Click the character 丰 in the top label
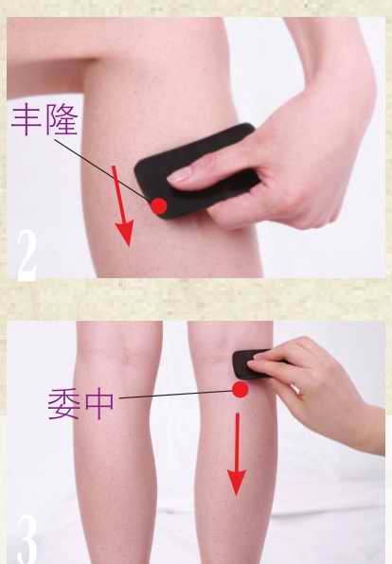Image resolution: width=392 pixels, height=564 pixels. tap(27, 119)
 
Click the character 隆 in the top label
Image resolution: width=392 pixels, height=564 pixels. tap(62, 119)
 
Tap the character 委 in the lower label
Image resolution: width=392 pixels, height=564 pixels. tap(63, 403)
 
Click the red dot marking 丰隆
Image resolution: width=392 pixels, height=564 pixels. tap(159, 206)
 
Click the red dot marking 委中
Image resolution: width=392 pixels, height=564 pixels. tap(241, 390)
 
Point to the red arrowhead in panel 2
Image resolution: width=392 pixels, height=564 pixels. tap(125, 233)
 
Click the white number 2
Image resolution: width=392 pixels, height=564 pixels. tap(27, 256)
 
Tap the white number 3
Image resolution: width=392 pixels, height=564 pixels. tap(27, 539)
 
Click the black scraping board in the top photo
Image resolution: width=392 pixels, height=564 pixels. tap(196, 171)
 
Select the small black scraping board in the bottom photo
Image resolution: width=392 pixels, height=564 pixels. tap(250, 363)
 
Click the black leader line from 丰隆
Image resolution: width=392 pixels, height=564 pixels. tap(103, 169)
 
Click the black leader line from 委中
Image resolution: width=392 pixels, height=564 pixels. tap(176, 395)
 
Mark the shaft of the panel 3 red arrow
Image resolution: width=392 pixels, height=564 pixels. tap(238, 442)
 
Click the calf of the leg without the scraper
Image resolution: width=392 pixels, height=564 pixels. tap(117, 432)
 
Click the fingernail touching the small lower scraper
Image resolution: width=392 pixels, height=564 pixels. tap(253, 363)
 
